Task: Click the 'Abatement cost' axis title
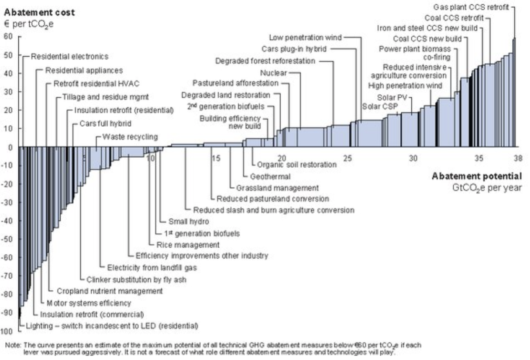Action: pos(39,13)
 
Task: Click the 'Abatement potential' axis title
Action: pos(476,177)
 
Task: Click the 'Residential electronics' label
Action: pos(69,56)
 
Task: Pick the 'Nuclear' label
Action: pos(273,73)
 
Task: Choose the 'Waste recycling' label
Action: pos(130,137)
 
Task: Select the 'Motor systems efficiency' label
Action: pos(86,302)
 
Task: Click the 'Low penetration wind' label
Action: pos(305,38)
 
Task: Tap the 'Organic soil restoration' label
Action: pos(296,165)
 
